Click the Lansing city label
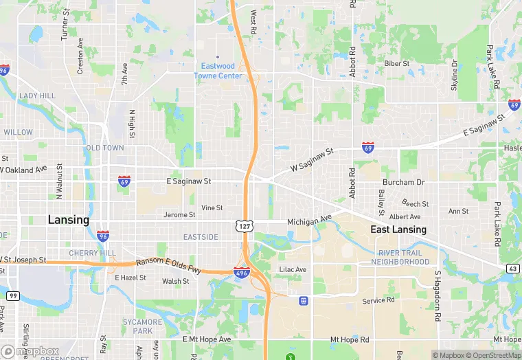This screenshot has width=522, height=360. click(x=68, y=220)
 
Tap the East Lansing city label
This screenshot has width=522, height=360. click(x=398, y=229)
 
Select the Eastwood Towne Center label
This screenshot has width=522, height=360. click(x=218, y=71)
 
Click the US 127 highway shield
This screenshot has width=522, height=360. click(x=245, y=225)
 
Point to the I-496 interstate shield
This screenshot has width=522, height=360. click(x=241, y=273)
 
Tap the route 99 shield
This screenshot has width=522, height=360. click(x=13, y=295)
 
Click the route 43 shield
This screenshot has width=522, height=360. click(x=514, y=269)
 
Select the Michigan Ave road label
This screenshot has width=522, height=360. click(x=309, y=222)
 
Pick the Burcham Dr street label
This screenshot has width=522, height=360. click(x=404, y=182)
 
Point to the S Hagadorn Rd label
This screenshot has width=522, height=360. click(x=437, y=298)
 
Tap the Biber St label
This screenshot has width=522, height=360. click(x=396, y=63)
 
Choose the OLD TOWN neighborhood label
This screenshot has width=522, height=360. click(x=105, y=148)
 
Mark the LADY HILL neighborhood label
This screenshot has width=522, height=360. click(x=37, y=95)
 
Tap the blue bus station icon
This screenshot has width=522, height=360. click(x=302, y=300)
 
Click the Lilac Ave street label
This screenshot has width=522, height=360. click(x=293, y=269)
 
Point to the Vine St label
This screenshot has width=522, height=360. click(x=212, y=207)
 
